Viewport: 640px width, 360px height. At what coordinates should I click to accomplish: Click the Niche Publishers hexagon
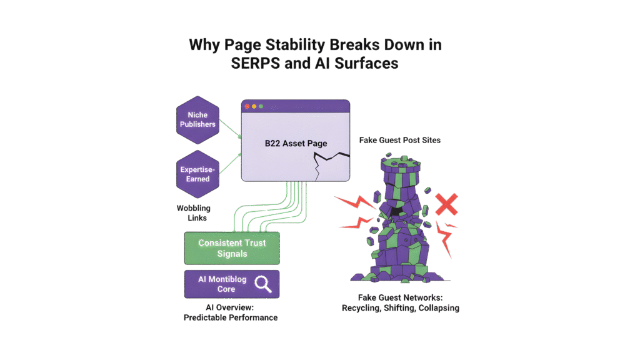(197, 119)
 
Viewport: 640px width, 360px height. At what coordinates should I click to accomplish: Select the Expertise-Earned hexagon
(197, 174)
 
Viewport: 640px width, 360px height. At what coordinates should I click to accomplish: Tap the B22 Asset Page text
(296, 143)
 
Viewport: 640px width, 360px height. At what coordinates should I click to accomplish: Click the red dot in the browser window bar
(247, 106)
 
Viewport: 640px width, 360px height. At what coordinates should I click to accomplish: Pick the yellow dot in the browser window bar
(254, 106)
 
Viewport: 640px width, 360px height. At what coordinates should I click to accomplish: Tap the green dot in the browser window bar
(261, 106)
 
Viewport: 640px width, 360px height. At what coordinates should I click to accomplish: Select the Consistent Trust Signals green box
(232, 248)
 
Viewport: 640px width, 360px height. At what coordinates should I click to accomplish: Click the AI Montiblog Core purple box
(232, 284)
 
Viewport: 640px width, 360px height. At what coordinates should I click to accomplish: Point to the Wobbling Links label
(194, 213)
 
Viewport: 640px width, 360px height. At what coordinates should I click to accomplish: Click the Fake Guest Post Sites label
(400, 140)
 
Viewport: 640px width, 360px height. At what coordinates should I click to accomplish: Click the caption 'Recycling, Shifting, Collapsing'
(400, 308)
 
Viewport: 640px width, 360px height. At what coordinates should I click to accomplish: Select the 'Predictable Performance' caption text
(231, 317)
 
